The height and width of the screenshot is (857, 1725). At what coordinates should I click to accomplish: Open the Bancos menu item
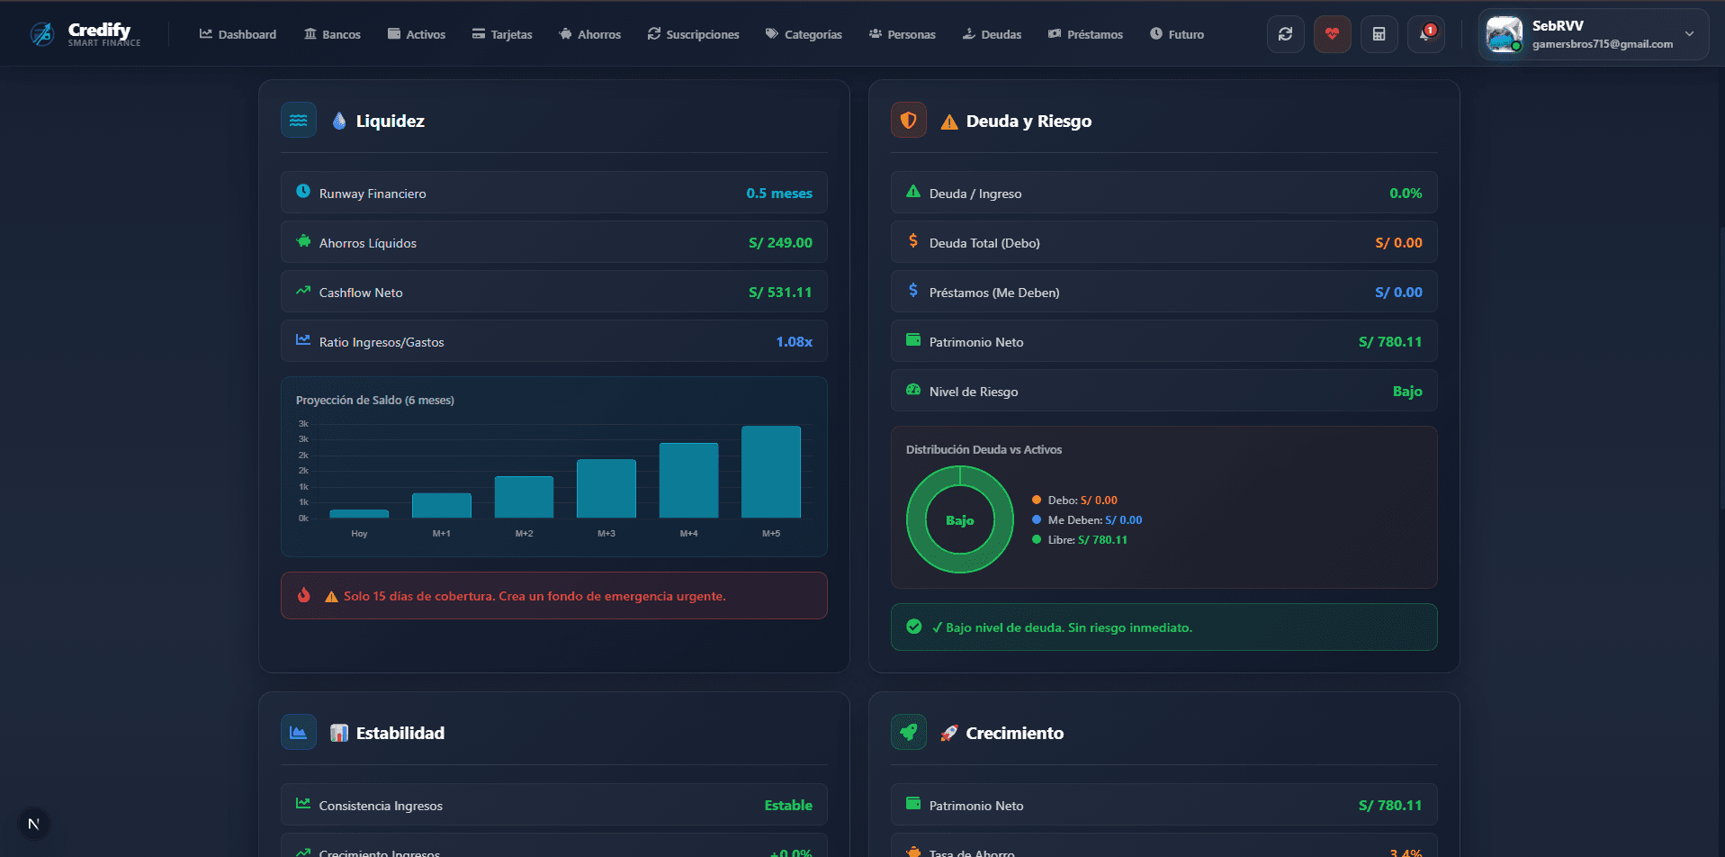pos(332,34)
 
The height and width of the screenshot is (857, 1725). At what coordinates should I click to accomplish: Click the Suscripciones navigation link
pos(693,34)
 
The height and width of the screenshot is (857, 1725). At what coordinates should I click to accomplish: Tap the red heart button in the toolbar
pos(1332,34)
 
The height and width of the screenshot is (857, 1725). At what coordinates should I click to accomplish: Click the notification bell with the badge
pos(1425,34)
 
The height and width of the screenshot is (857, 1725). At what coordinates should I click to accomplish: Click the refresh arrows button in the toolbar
pos(1285,34)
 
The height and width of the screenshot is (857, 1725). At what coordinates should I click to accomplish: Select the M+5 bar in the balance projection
pos(770,472)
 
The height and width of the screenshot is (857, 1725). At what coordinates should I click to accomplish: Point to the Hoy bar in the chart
pos(359,513)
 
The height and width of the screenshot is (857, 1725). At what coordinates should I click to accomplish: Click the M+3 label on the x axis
pos(606,534)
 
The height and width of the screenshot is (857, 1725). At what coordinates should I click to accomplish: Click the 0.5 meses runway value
pos(778,194)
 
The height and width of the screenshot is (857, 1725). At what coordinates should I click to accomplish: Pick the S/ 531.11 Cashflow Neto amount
pos(779,293)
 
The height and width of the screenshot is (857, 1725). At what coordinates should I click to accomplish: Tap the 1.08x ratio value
pos(794,342)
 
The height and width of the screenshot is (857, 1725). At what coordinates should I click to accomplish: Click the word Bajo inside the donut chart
pos(959,520)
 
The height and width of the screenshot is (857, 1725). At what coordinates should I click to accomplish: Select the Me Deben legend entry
pos(1087,520)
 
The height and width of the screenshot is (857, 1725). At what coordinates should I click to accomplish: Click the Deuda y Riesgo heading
pos(1028,122)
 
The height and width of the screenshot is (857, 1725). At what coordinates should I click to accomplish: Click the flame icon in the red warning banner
pos(304,595)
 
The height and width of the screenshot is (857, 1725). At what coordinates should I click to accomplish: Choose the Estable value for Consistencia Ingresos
pos(787,806)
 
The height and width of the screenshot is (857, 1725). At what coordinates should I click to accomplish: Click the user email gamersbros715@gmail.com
pos(1602,44)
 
